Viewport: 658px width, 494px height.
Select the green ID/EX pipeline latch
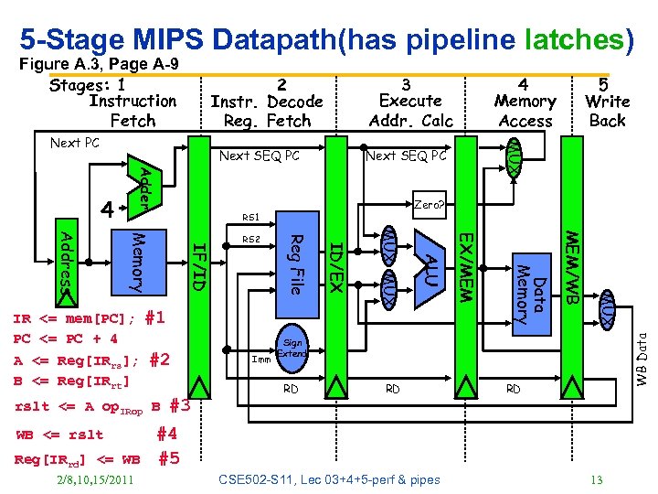tap(335, 265)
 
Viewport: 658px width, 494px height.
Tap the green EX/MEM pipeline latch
tap(465, 265)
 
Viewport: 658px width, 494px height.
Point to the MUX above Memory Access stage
tap(515, 156)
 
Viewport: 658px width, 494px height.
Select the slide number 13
tap(596, 479)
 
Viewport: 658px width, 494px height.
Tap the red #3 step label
tap(179, 406)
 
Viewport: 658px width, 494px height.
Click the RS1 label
tap(251, 218)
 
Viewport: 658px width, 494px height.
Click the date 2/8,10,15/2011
tap(96, 479)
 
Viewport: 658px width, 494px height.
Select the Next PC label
tap(75, 144)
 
